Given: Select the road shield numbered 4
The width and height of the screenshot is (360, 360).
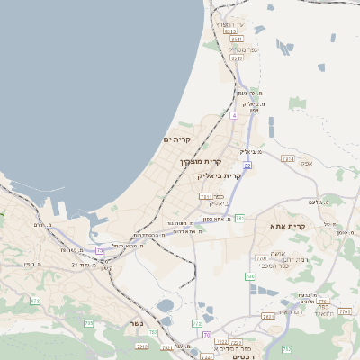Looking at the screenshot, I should [x=233, y=115].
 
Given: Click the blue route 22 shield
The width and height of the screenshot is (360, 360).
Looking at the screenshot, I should [x=247, y=166].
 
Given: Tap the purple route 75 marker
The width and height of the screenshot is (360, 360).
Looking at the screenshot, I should [x=99, y=250].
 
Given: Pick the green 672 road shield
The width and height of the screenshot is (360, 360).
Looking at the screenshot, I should [x=35, y=301].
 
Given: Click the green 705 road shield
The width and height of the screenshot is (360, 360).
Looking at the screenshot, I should [x=88, y=322].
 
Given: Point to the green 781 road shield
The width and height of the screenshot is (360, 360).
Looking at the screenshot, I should [x=240, y=217].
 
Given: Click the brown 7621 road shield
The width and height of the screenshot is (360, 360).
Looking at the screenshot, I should [x=268, y=316].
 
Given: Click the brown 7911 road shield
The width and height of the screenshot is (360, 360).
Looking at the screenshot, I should [x=206, y=196].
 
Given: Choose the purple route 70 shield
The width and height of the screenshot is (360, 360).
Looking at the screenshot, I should [x=207, y=335].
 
